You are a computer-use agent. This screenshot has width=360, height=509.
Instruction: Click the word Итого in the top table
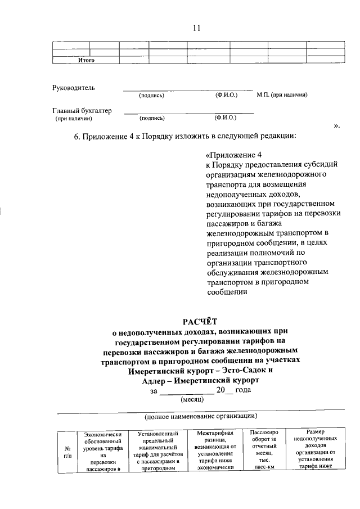(x=85, y=60)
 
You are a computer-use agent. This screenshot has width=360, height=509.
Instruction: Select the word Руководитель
(x=74, y=88)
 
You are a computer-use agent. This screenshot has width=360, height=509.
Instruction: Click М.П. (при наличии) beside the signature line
(x=282, y=96)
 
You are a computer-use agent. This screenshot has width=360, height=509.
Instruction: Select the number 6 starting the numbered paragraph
(x=76, y=136)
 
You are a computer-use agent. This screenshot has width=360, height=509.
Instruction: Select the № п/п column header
(x=67, y=452)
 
